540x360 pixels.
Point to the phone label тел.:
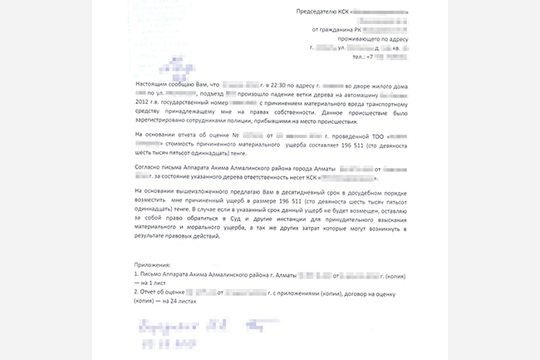(x=358, y=57)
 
